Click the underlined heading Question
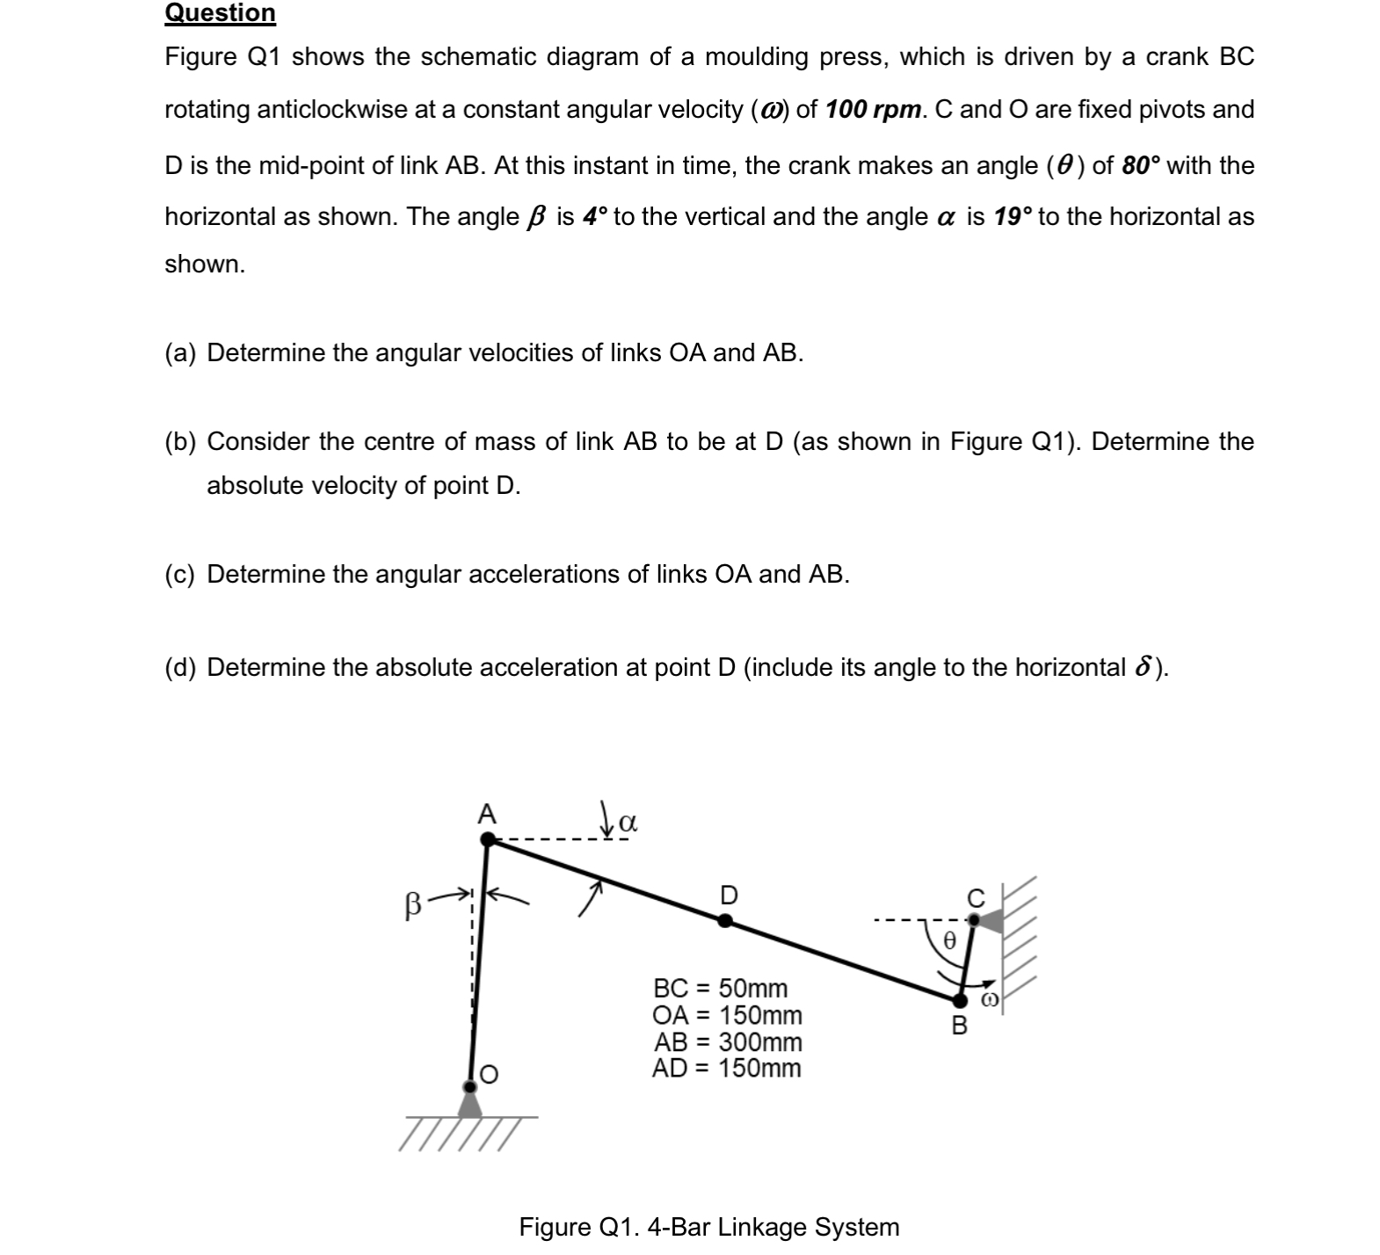(x=220, y=13)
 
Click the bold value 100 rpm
(x=874, y=110)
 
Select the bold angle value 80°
(x=1141, y=165)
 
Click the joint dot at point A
(x=488, y=840)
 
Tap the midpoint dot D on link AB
(x=724, y=921)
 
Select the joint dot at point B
(x=959, y=1000)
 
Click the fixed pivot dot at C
(x=973, y=919)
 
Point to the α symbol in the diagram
(x=628, y=823)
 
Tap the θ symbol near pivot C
(x=948, y=939)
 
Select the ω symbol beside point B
(x=989, y=1000)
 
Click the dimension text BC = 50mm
(x=720, y=988)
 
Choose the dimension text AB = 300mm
(x=727, y=1042)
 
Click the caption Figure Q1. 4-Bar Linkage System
(x=708, y=1227)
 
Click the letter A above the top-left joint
(x=486, y=814)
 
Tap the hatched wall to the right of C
(x=1020, y=940)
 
